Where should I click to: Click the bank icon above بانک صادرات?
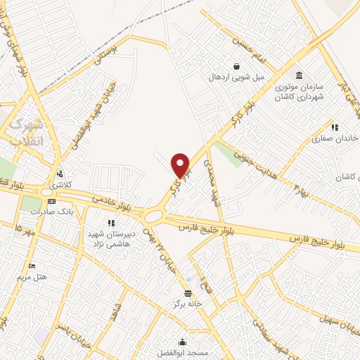(x=52, y=202)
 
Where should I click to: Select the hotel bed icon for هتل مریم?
(x=31, y=266)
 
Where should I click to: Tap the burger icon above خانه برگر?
(x=188, y=294)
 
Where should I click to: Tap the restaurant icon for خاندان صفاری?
(x=335, y=128)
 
